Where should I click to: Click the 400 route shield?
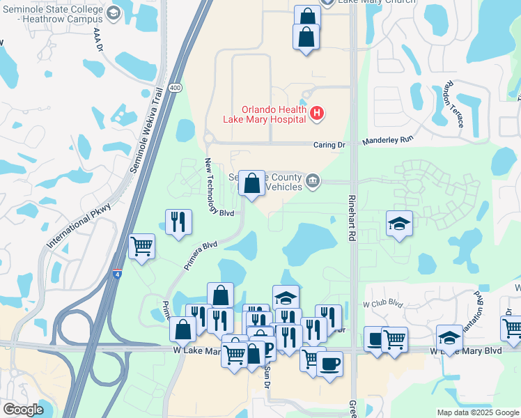[175, 88]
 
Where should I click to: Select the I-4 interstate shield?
[118, 274]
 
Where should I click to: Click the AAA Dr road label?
[98, 41]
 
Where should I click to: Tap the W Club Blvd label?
[383, 303]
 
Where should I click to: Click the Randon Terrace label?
[453, 105]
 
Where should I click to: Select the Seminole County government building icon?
[313, 181]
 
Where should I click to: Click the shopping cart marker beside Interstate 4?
[142, 245]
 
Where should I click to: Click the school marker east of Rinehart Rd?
[399, 223]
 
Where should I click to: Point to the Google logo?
[24, 410]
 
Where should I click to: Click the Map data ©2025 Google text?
[477, 412]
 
